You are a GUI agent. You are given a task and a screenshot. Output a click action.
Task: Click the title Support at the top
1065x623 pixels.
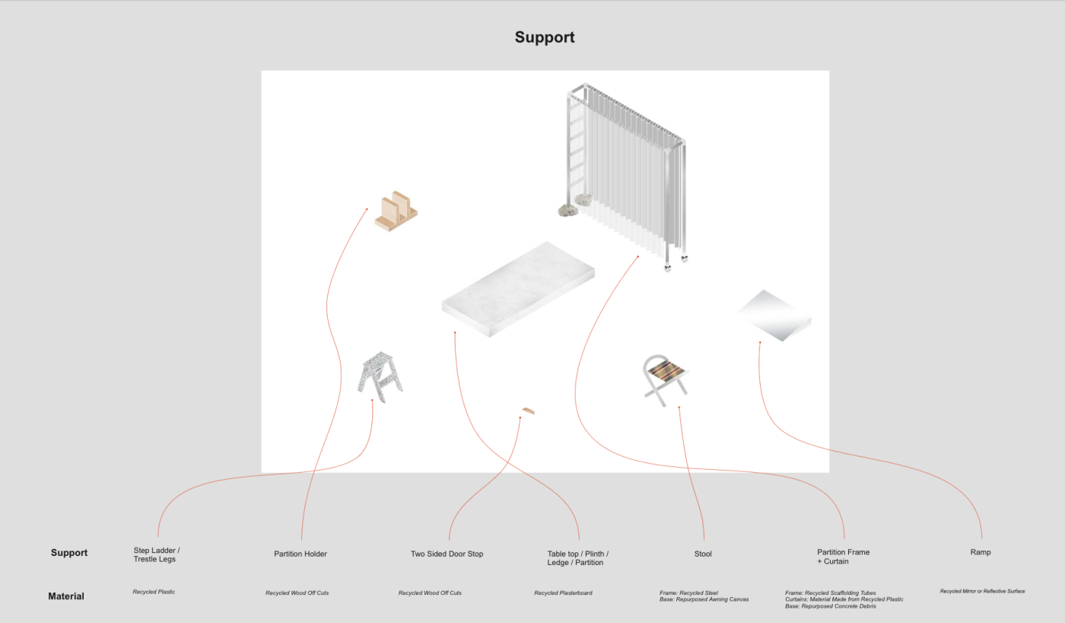pos(544,37)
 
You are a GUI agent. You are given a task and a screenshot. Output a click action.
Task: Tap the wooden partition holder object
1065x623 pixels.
pos(396,211)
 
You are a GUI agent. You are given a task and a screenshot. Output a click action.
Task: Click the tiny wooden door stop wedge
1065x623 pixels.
pos(528,411)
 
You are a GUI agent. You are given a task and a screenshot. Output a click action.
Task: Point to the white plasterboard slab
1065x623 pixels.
pos(518,289)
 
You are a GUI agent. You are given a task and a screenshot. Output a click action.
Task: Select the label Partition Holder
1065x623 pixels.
pos(300,554)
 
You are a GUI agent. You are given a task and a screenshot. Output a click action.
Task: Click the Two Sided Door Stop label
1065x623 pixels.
pos(447,554)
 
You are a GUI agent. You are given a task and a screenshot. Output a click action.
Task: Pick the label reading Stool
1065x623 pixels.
pos(703,554)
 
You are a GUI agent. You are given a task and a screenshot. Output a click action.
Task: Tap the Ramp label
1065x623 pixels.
pos(981,552)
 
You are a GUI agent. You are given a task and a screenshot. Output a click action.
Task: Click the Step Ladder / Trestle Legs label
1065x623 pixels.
pos(157,554)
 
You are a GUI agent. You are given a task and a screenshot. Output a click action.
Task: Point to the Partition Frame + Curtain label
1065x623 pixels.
pos(843,557)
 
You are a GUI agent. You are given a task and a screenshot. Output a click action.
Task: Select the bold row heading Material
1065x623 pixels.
pos(66,596)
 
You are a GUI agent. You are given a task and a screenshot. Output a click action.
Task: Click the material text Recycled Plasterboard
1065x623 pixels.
pos(563,593)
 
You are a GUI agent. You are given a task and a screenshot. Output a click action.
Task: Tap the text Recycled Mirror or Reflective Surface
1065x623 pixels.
pos(982,591)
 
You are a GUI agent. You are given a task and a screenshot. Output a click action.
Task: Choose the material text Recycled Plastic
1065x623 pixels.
pos(154,592)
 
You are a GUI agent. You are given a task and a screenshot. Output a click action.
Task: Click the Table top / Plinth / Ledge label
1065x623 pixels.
pos(578,558)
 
